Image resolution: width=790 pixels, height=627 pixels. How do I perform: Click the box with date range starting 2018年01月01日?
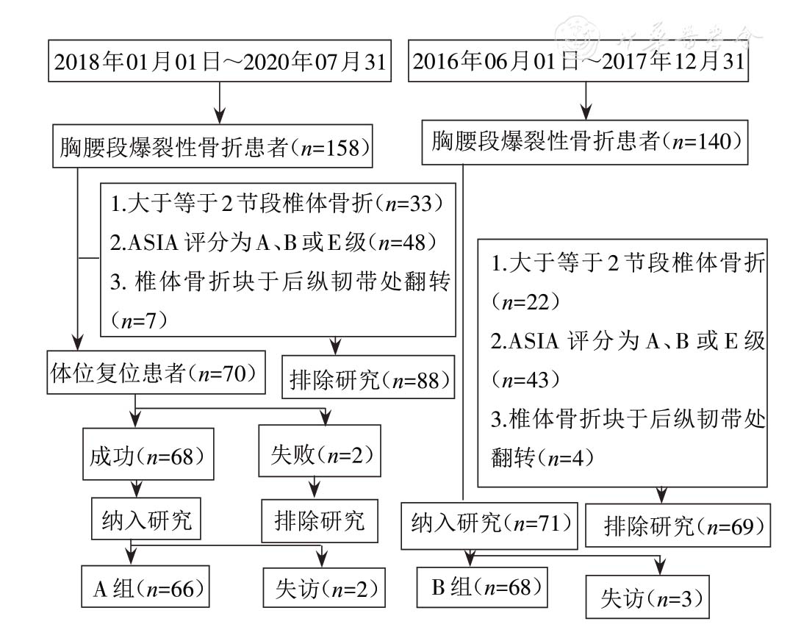pyautogui.click(x=219, y=62)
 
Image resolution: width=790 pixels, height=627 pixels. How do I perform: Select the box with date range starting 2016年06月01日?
pyautogui.click(x=579, y=62)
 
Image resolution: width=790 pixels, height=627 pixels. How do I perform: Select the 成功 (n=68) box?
pyautogui.click(x=144, y=455)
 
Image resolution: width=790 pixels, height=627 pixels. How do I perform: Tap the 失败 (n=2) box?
pyautogui.click(x=320, y=455)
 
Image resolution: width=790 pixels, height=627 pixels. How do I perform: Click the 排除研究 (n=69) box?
pyautogui.click(x=678, y=526)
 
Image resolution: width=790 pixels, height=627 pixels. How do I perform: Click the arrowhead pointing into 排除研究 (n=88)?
pyautogui.click(x=336, y=345)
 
